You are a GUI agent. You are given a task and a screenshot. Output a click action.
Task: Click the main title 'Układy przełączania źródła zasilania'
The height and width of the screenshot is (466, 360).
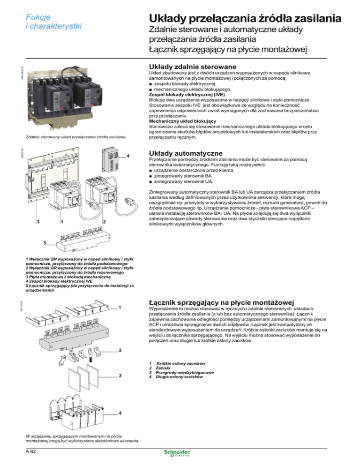pyautogui.click(x=249, y=20)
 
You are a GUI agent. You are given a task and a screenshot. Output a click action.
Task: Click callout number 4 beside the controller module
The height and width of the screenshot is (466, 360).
pyautogui.click(x=128, y=156)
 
